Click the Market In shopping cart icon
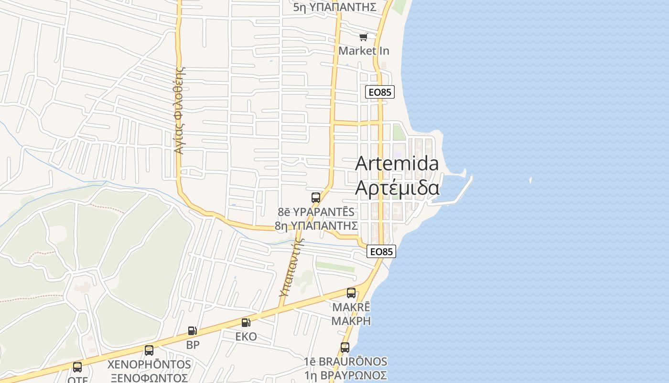click(364, 37)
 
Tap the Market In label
click(364, 51)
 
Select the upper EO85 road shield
click(380, 92)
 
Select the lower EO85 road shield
click(381, 251)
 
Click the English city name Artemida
click(397, 163)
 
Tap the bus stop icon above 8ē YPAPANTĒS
click(315, 197)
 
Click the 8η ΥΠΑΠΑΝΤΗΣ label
click(316, 225)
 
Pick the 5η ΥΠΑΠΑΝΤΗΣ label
click(334, 7)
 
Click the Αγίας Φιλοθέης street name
click(179, 110)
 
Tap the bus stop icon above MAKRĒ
click(351, 293)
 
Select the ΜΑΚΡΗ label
click(351, 320)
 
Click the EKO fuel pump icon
click(246, 323)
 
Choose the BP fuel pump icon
click(192, 331)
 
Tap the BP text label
click(193, 344)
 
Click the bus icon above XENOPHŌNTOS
click(149, 350)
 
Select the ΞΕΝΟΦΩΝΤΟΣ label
click(149, 378)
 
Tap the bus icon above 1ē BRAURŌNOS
click(345, 348)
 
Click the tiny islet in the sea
click(530, 180)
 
